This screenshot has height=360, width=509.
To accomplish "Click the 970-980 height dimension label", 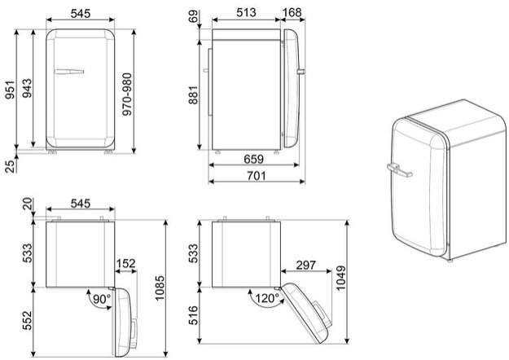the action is coord(127,94).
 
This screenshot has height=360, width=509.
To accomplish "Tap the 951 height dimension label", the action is coord(10,90).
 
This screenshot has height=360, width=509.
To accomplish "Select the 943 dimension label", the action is coord(27,88).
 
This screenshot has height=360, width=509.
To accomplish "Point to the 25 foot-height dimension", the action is coord(11,166).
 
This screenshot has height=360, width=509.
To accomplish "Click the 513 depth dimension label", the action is coord(246,12).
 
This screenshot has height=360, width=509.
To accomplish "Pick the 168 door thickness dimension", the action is coord(292,12).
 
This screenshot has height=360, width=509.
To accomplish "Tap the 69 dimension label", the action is coord(193,17).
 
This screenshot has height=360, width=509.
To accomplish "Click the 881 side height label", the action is coord(193,94).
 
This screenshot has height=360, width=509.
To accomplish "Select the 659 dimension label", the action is coord(253,159).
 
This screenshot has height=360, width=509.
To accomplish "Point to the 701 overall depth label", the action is coord(256,176).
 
